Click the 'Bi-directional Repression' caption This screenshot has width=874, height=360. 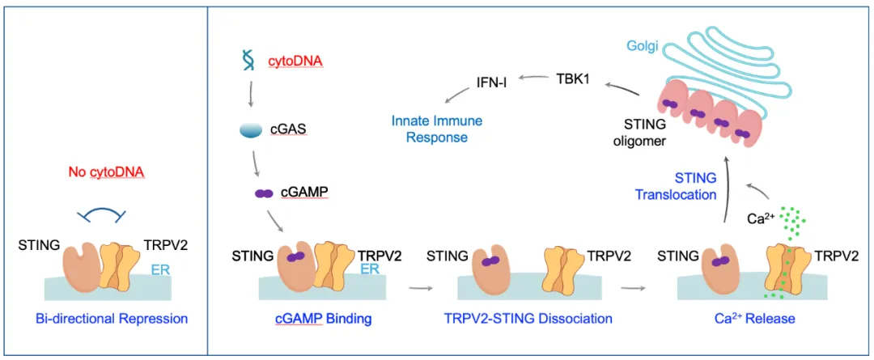coord(112,318)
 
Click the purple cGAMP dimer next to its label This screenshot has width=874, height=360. coord(263,194)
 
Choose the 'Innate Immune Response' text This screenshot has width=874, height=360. coord(437,129)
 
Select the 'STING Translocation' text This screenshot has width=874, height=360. coord(675,186)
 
